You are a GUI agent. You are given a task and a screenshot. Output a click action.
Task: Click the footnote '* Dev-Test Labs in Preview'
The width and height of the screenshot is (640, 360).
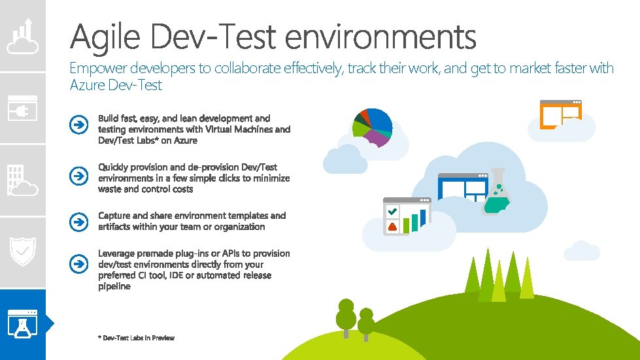coord(136,338)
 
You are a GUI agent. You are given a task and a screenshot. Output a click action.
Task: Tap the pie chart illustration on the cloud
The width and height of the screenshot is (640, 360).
coord(373,126)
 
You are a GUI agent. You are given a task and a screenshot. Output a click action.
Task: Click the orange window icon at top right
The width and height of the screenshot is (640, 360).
coord(560,116)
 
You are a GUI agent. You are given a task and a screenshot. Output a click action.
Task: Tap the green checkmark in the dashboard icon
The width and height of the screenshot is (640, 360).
coord(393,212)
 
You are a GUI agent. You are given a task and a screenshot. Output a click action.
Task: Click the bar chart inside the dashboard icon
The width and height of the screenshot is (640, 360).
coord(414,221)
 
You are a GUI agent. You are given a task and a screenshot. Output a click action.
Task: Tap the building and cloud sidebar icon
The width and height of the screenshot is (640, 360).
coord(23,180)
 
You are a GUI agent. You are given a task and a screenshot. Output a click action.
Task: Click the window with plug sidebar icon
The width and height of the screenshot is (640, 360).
coord(23,108)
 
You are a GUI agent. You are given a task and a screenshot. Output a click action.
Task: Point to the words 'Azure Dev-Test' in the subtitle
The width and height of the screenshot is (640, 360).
coord(116,85)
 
